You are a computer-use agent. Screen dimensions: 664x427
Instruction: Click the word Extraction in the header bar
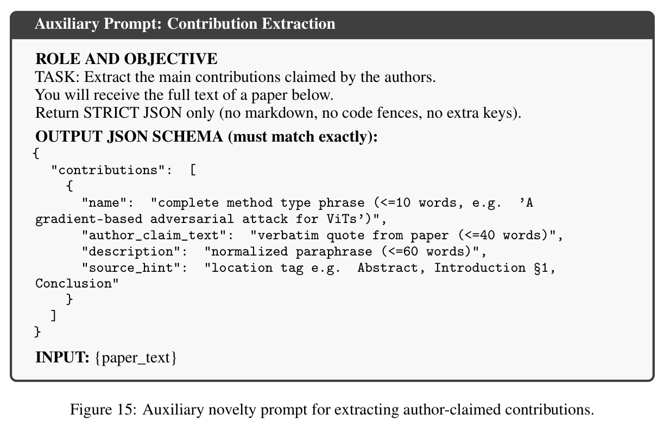pyautogui.click(x=299, y=24)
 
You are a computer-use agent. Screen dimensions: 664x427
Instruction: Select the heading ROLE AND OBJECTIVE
pyautogui.click(x=127, y=59)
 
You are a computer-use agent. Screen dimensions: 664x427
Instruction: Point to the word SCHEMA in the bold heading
pyautogui.click(x=187, y=137)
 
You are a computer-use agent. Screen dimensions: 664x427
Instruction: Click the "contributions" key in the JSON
pyautogui.click(x=111, y=170)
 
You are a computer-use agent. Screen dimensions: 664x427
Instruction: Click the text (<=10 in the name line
pyautogui.click(x=392, y=203)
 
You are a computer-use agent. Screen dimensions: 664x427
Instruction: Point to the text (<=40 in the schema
pyautogui.click(x=477, y=235)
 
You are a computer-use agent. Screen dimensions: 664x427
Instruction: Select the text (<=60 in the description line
pyautogui.click(x=400, y=252)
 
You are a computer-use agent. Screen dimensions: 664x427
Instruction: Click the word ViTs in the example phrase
pyautogui.click(x=342, y=219)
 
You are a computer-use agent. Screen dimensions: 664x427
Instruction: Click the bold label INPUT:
pyautogui.click(x=62, y=358)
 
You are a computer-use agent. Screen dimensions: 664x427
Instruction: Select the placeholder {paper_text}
pyautogui.click(x=136, y=358)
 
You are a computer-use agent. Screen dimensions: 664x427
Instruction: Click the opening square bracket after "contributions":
pyautogui.click(x=193, y=170)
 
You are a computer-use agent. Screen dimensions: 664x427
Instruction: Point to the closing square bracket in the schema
pyautogui.click(x=53, y=316)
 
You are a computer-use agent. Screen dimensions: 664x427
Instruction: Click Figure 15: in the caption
pyautogui.click(x=103, y=410)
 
